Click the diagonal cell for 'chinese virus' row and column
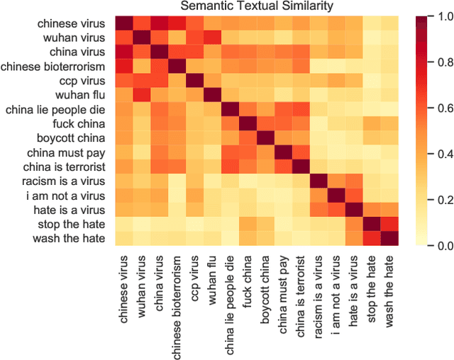(x=123, y=23)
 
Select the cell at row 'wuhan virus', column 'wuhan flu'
(x=212, y=38)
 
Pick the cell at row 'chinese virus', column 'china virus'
(x=159, y=23)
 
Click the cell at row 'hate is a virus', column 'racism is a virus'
(x=320, y=210)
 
